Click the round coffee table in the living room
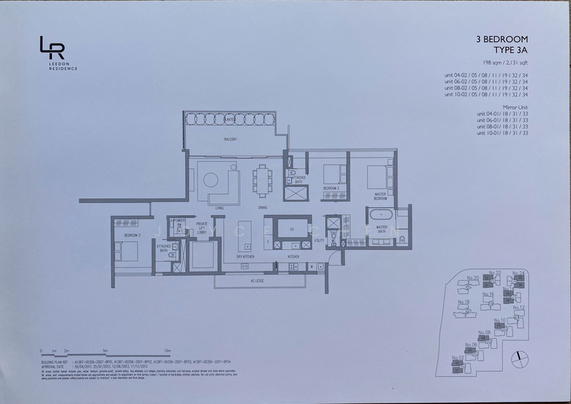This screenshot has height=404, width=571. click(211, 176)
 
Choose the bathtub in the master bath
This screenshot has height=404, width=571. click(379, 216)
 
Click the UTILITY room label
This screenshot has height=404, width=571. click(318, 241)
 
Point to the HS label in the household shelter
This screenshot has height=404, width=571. click(281, 230)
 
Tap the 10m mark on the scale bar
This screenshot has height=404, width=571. click(166, 351)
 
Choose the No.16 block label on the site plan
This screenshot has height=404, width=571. click(487, 294)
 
